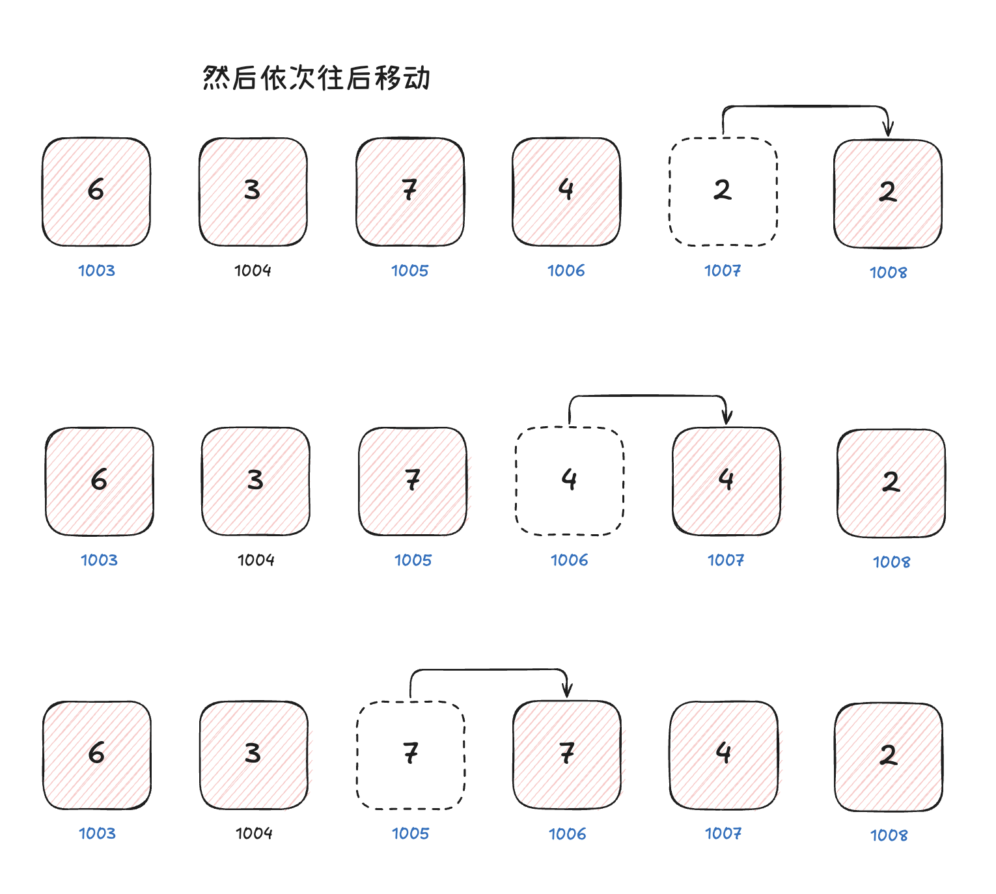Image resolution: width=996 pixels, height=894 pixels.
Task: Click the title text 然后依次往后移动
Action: tap(316, 77)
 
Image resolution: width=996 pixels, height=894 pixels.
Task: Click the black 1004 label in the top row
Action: tap(253, 270)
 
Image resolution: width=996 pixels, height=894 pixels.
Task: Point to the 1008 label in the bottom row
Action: tap(889, 835)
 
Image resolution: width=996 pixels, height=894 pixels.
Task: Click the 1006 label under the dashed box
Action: tap(570, 560)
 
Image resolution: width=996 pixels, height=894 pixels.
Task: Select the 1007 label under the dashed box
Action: tap(723, 270)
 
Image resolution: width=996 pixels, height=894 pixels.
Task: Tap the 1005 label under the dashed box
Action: tap(411, 833)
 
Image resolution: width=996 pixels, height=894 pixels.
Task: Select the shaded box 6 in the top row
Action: tap(96, 192)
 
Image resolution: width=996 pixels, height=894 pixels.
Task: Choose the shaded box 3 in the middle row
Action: tap(256, 481)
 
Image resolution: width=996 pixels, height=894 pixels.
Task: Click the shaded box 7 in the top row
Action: tap(410, 192)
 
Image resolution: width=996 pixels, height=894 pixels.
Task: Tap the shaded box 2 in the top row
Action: tap(888, 194)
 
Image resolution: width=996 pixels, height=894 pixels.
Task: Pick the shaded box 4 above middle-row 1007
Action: tap(726, 481)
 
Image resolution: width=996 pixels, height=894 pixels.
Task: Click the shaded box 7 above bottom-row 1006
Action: tap(567, 755)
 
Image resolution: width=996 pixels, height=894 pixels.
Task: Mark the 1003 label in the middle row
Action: tap(100, 560)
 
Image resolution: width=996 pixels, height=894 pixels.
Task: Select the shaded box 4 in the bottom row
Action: tap(724, 755)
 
